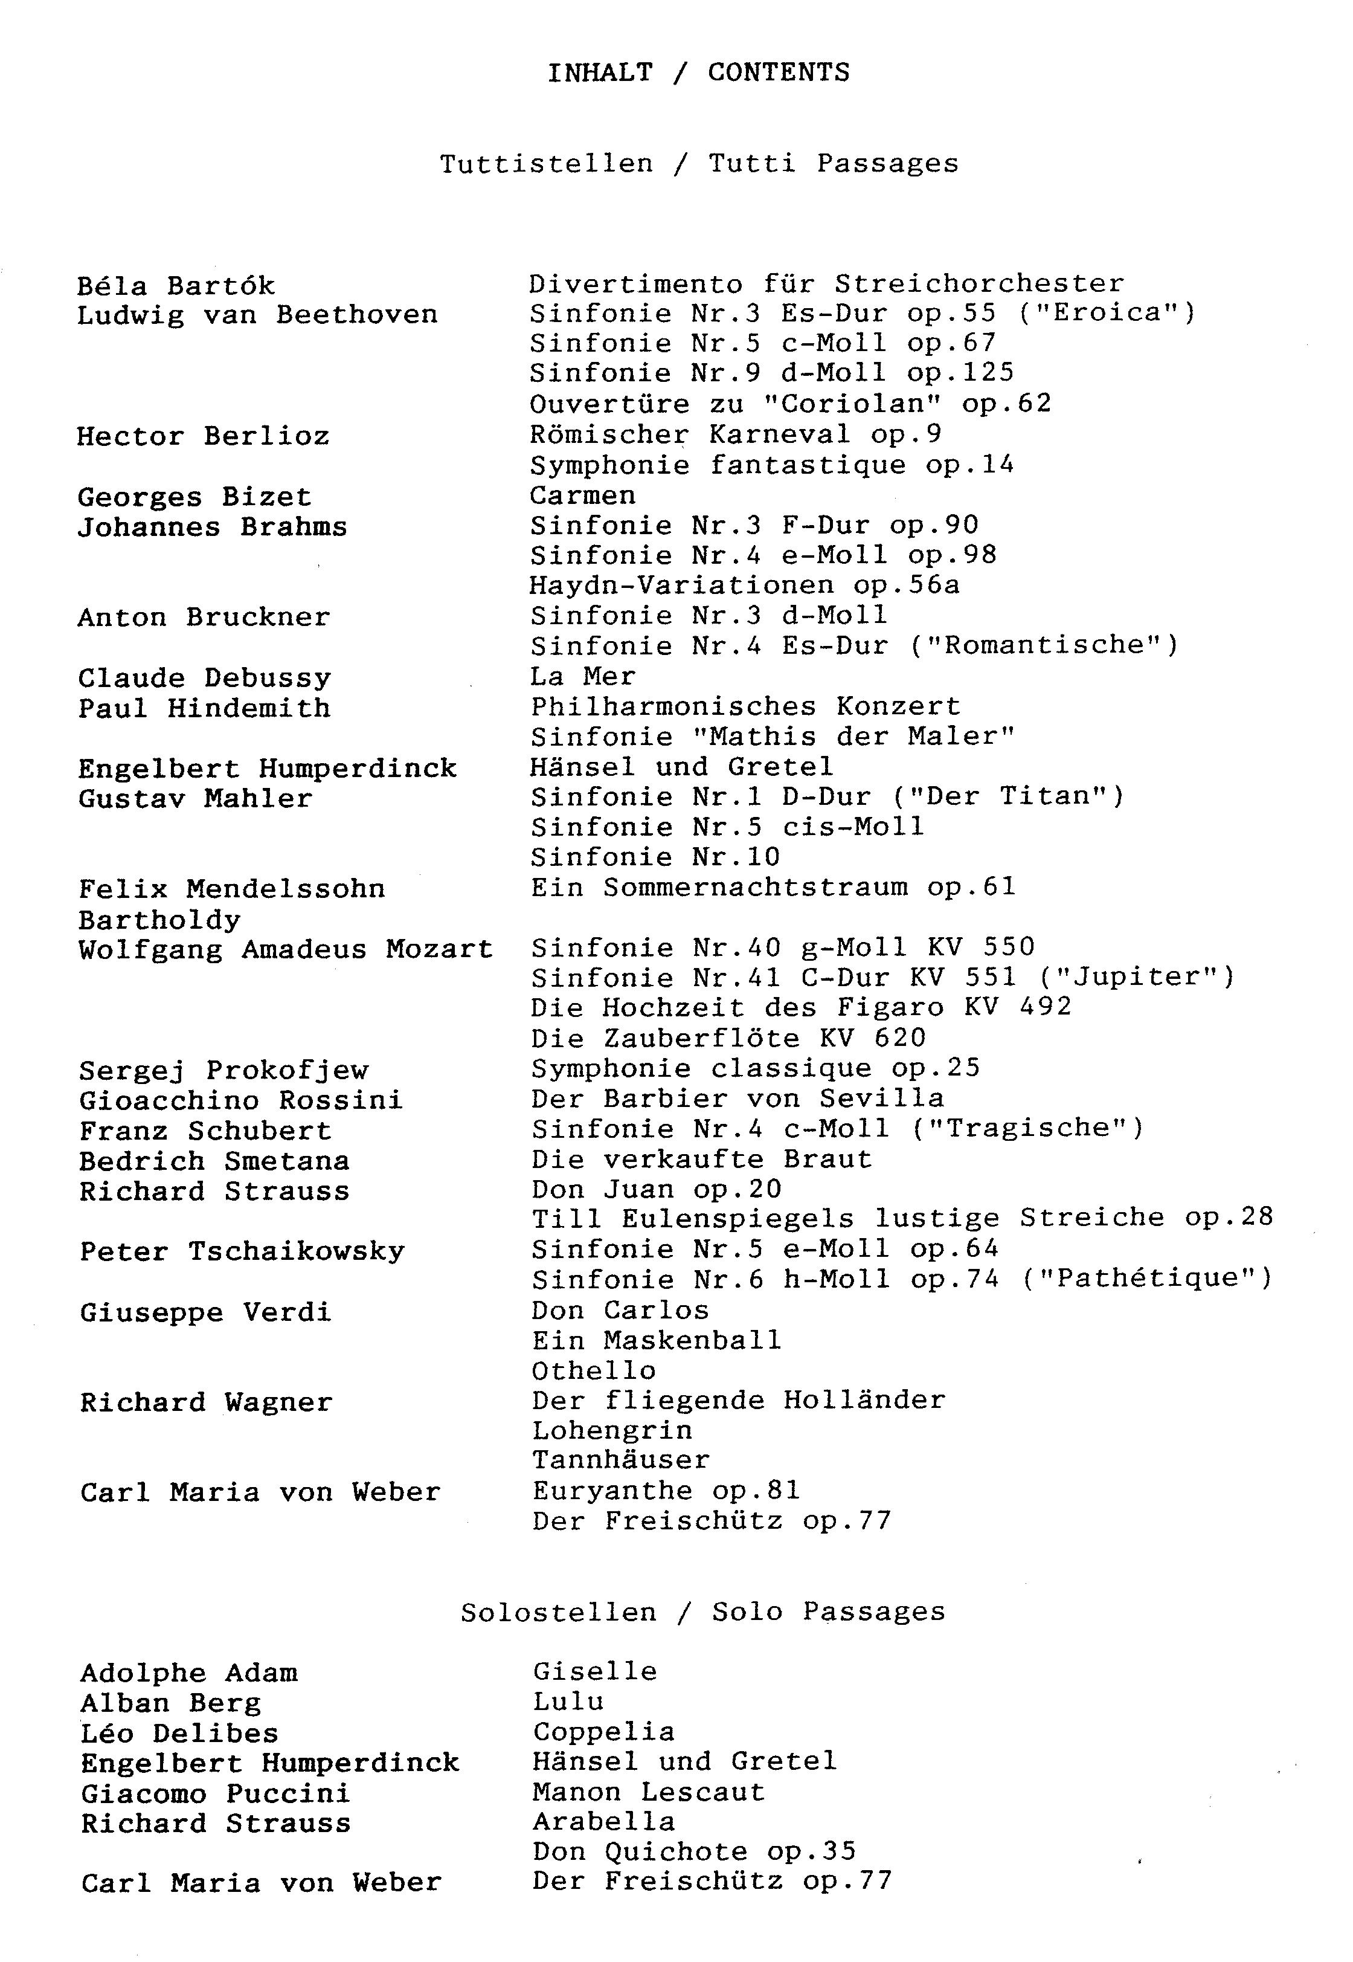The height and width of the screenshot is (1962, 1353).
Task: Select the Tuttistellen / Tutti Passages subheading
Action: coord(698,164)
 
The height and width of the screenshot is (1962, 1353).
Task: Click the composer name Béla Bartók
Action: coord(176,286)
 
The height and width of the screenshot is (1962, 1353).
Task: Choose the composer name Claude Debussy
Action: coord(204,679)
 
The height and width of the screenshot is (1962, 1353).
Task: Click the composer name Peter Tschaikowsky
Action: coord(242,1251)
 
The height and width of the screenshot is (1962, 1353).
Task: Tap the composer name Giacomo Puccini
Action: coord(215,1793)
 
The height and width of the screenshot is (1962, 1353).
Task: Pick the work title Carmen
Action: coord(582,495)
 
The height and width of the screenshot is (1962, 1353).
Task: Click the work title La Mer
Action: coord(582,677)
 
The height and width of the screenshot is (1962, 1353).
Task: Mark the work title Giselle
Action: coord(595,1671)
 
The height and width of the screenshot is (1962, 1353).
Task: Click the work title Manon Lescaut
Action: coord(649,1792)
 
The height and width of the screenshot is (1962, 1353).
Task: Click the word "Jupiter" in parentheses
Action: coord(1136,978)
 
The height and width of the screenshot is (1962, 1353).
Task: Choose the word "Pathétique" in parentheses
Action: coord(1146,1279)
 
